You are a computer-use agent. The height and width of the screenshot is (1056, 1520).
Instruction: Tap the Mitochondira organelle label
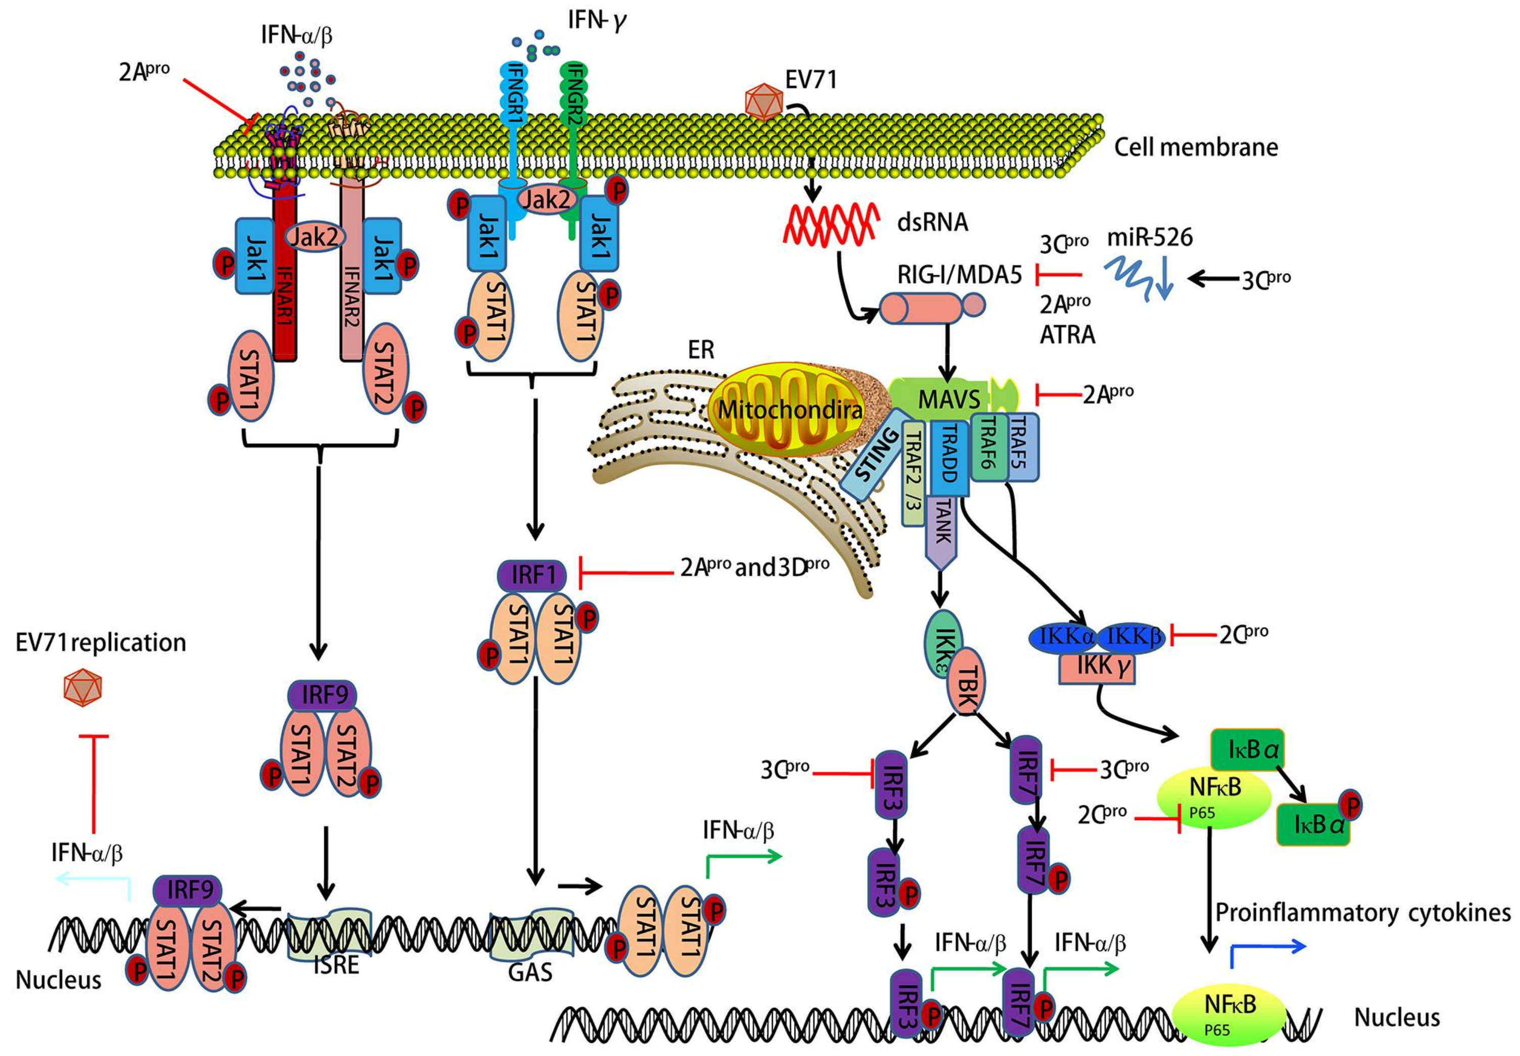[x=790, y=410]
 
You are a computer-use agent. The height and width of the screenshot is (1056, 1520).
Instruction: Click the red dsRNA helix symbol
[x=831, y=224]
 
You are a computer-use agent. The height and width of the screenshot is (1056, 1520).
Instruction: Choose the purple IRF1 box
[x=531, y=575]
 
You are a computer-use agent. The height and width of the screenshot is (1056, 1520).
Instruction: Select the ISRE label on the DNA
[x=335, y=965]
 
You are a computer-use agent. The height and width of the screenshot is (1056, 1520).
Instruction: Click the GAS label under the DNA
[x=530, y=972]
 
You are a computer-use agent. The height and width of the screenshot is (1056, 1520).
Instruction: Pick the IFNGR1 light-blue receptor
[x=515, y=99]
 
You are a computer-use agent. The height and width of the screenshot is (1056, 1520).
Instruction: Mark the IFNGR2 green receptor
[x=573, y=99]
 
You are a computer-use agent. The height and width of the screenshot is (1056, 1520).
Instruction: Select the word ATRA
[x=1067, y=335]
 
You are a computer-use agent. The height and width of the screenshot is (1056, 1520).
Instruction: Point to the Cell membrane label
[x=1195, y=147]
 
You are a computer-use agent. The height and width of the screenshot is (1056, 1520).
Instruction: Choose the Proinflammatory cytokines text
[x=1362, y=913]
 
